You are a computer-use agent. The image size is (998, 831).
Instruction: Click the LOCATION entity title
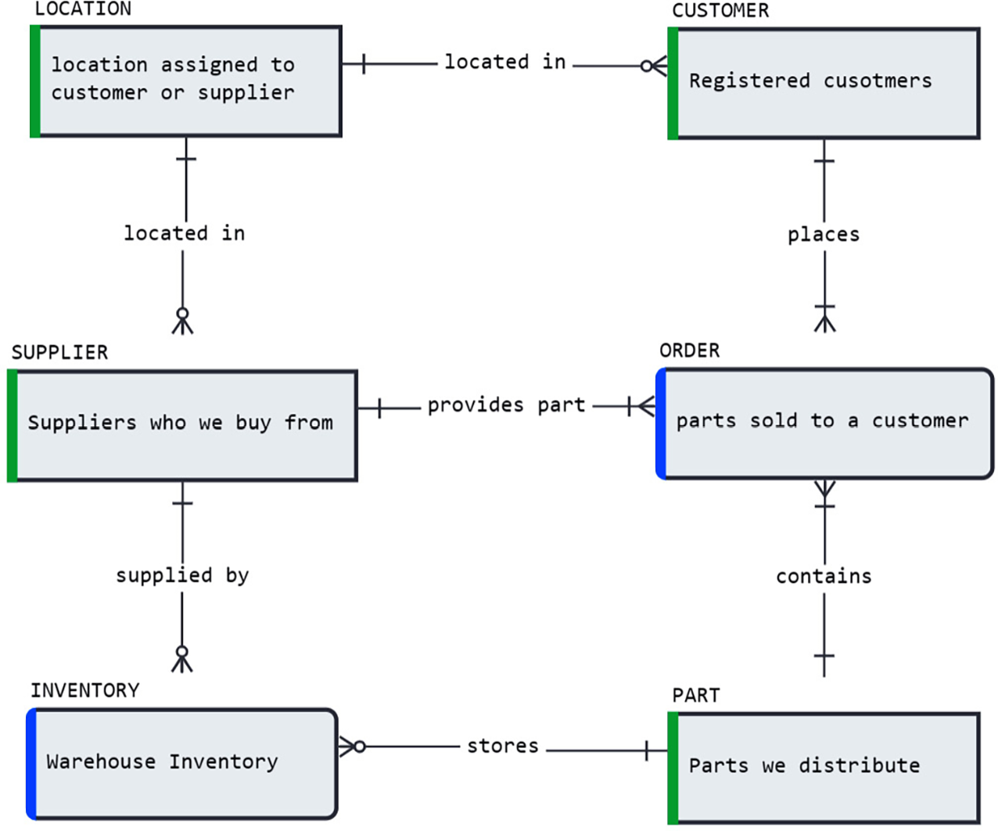83,9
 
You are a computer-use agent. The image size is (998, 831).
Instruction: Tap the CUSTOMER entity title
720,11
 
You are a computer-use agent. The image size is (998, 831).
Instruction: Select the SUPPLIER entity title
59,353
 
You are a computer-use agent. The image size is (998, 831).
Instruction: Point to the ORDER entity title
689,351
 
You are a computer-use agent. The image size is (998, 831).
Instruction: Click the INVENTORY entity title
84,691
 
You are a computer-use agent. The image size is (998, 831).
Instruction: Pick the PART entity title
695,696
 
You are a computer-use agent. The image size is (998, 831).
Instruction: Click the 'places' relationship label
823,235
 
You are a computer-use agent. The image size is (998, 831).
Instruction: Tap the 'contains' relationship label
823,577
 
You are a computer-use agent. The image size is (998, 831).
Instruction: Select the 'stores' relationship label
502,746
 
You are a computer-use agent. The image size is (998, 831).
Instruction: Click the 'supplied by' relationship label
181,576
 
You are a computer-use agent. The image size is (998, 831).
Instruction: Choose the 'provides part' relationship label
505,405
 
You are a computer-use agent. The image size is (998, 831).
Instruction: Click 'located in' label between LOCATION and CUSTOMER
504,63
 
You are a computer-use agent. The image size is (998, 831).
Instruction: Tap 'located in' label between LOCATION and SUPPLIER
184,233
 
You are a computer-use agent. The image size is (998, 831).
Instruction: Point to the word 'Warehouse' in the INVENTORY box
101,762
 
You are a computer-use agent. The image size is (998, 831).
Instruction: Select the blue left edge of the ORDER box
661,423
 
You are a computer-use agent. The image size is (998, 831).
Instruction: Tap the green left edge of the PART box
673,768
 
